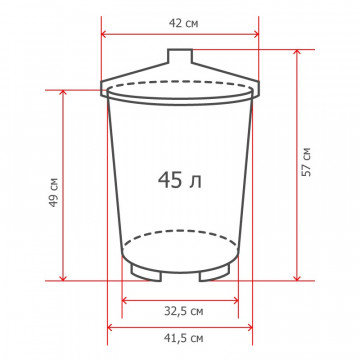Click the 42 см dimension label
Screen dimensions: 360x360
tap(183, 24)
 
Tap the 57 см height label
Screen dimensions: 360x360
tap(306, 162)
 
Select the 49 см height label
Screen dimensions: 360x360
tap(54, 192)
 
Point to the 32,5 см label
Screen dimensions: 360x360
tap(184, 311)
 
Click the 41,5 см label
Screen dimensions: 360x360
tap(184, 338)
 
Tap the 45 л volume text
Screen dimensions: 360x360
tap(180, 180)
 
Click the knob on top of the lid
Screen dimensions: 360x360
tap(180, 56)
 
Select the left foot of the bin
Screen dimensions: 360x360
tap(146, 273)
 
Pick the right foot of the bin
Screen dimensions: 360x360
tap(214, 273)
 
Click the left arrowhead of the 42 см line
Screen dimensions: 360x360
tap(103, 34)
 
